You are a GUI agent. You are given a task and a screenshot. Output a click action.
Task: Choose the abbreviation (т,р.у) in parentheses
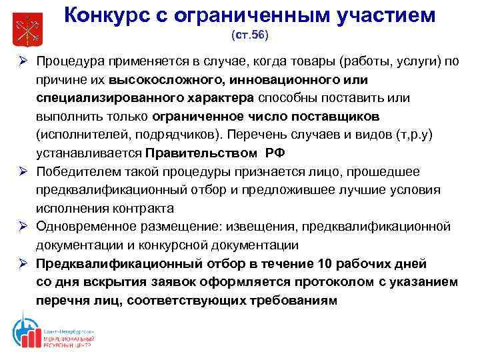[x=413, y=135]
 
